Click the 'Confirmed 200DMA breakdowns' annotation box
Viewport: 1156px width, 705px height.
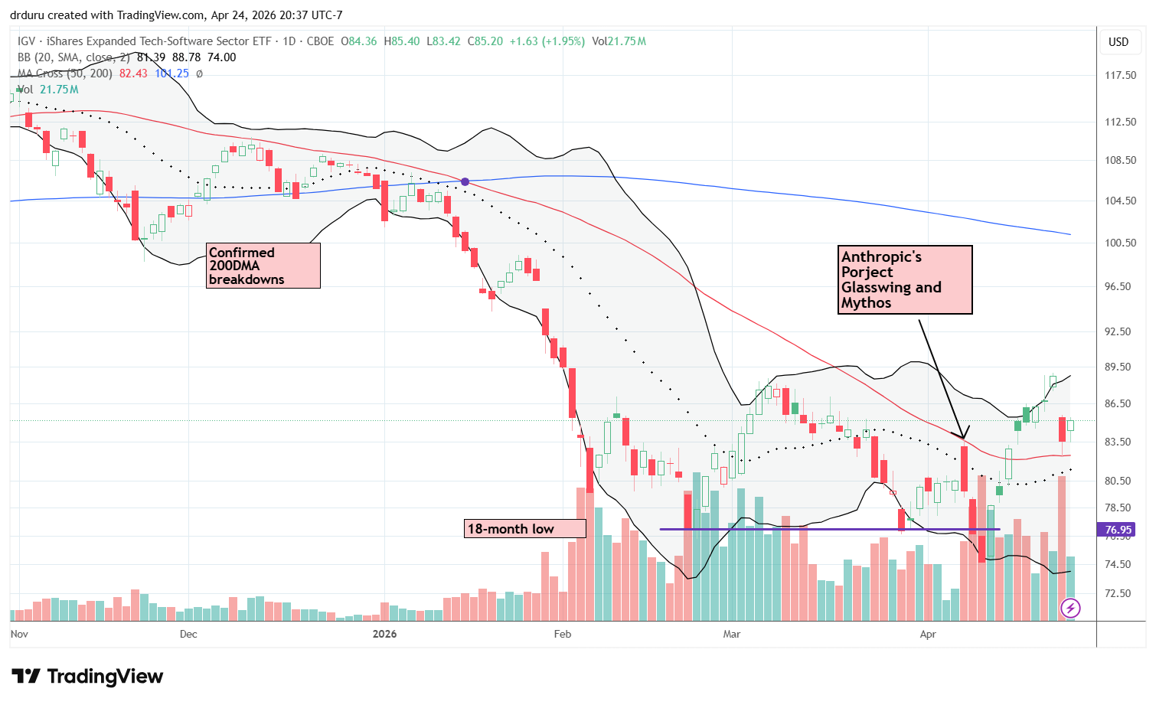tap(263, 266)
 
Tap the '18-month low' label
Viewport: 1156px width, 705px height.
tap(525, 529)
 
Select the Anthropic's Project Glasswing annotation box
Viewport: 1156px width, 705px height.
tap(905, 279)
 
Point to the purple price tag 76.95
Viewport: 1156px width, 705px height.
tap(1118, 530)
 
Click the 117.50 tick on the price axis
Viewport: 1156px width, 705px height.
tap(1120, 76)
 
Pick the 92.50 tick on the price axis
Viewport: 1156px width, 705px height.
tap(1120, 331)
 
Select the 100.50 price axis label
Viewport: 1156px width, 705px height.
tap(1120, 243)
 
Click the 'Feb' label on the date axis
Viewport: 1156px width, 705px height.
tap(563, 634)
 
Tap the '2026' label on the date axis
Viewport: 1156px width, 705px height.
tap(384, 634)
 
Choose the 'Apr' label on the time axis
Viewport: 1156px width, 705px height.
tap(928, 634)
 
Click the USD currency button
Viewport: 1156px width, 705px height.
tap(1118, 42)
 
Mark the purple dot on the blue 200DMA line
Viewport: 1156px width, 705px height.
tap(465, 181)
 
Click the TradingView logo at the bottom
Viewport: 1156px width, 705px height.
tap(87, 676)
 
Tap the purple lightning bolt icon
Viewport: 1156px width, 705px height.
tap(1070, 609)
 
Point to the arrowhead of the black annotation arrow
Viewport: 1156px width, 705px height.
tap(963, 438)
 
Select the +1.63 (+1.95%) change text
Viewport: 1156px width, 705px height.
tap(547, 41)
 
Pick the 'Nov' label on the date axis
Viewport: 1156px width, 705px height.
tap(19, 634)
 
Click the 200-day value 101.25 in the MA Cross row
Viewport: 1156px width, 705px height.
tap(171, 73)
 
